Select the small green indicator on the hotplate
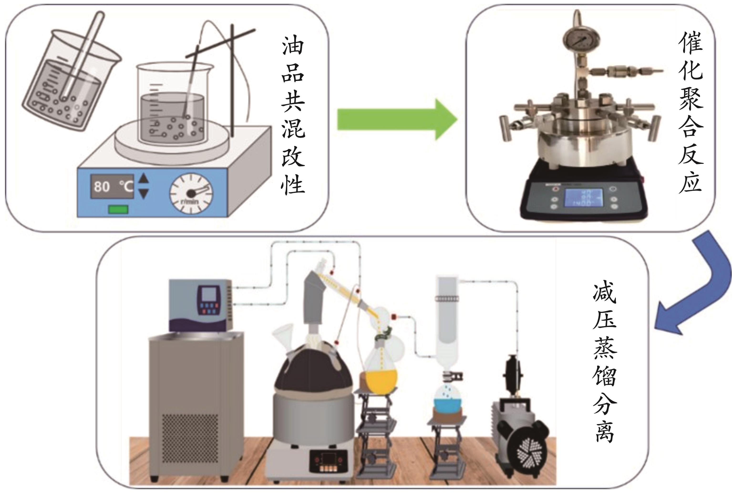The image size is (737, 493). click(118, 209)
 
